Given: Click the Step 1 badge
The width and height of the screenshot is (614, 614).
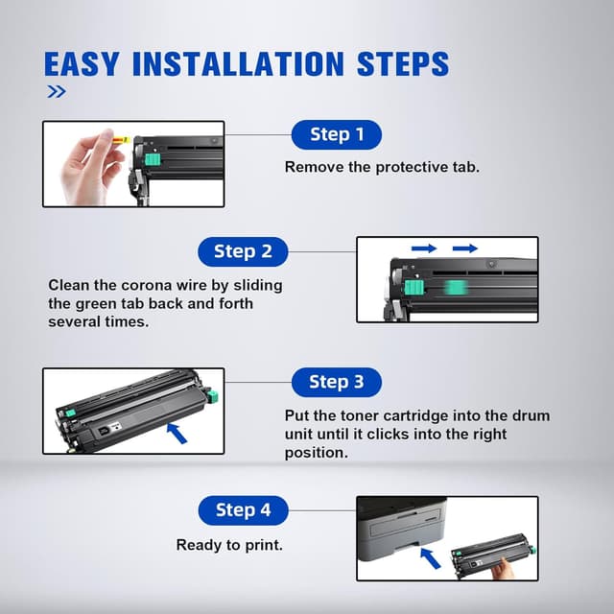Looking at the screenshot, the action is coord(337,134).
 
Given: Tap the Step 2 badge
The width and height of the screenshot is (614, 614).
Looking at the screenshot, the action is coord(243,251).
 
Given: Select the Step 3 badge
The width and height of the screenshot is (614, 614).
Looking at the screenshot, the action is coord(337,382).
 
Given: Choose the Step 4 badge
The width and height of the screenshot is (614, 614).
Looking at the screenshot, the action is coord(243,510).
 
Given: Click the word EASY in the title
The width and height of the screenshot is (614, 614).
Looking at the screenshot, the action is coord(82,64).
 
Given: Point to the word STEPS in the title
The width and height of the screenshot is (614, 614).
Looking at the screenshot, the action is coord(403,64).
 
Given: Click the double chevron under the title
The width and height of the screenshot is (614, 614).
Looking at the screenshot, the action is coord(57,92).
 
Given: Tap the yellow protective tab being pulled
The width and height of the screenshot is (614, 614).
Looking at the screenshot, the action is coord(121,139).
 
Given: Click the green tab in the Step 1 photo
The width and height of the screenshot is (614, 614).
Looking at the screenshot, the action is coord(153,159).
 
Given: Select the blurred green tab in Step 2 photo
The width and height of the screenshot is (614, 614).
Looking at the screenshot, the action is coord(455,288).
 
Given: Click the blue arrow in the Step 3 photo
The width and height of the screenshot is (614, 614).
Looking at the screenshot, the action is coord(177,433).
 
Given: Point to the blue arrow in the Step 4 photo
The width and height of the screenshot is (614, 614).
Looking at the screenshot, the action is coord(430,557).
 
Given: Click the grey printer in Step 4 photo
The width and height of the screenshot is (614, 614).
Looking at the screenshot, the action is coord(402,527).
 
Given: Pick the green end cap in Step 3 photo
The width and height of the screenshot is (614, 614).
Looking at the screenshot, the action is coord(212,396).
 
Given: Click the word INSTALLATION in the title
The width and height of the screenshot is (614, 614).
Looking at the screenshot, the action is coord(238,64).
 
